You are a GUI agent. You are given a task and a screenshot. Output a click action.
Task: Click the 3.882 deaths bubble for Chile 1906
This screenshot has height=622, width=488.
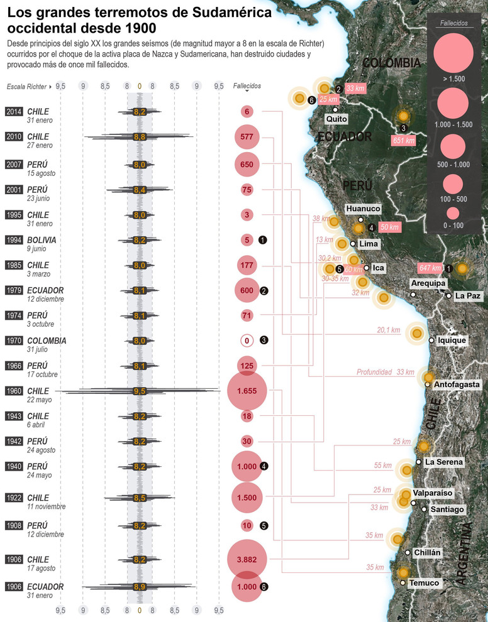pyautogui.click(x=247, y=559)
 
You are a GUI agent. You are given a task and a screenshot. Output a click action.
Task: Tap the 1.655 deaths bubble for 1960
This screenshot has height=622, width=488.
pyautogui.click(x=247, y=391)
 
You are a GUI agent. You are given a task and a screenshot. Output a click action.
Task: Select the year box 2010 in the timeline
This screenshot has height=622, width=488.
pyautogui.click(x=14, y=136)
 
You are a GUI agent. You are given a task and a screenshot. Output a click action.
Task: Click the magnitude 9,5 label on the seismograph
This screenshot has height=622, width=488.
pyautogui.click(x=140, y=391)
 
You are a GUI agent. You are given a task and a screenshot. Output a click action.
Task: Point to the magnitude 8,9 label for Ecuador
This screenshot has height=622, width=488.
pyautogui.click(x=140, y=587)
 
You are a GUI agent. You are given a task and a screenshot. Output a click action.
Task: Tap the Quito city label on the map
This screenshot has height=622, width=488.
pyautogui.click(x=336, y=118)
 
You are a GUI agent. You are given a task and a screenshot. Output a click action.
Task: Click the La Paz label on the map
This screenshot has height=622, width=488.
pyautogui.click(x=469, y=295)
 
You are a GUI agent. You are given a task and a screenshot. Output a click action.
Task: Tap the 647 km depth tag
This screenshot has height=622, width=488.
pyautogui.click(x=430, y=268)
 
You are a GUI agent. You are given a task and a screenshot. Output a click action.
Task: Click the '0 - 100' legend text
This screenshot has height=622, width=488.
pyautogui.click(x=453, y=225)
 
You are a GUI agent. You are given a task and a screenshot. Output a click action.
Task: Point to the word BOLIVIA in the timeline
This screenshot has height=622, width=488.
pyautogui.click(x=42, y=240)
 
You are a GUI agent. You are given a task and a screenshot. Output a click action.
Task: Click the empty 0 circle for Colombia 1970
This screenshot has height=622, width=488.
pyautogui.click(x=247, y=341)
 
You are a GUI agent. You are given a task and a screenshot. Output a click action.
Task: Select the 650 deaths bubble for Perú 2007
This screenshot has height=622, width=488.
pyautogui.click(x=247, y=164)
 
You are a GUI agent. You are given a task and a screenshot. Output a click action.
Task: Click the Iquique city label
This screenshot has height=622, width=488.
pyautogui.click(x=451, y=341)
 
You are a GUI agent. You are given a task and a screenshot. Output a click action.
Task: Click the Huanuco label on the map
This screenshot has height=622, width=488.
pyautogui.click(x=363, y=208)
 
